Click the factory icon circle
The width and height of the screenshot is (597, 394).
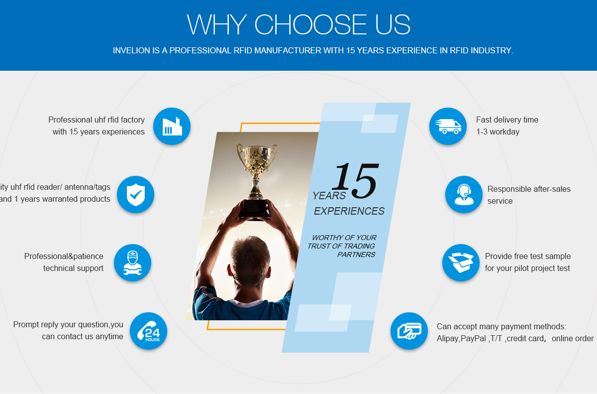click(x=172, y=126)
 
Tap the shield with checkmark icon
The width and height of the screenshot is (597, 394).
click(x=136, y=194)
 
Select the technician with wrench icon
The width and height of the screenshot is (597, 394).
click(x=132, y=263)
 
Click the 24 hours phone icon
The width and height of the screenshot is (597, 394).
click(x=148, y=331)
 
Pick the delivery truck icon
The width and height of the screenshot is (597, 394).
click(x=448, y=126)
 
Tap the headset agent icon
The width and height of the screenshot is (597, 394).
click(x=464, y=194)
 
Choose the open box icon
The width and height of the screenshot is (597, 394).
click(x=461, y=263)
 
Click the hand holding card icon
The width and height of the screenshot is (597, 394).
click(x=409, y=331)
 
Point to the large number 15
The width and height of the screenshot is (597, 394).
click(x=355, y=181)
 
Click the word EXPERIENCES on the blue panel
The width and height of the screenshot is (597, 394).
click(x=349, y=211)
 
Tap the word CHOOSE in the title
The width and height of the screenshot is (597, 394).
click(x=310, y=24)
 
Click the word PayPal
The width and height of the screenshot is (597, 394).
click(x=473, y=339)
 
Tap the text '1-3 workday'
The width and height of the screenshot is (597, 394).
click(x=498, y=132)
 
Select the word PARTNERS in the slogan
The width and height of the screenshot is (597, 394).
click(x=356, y=255)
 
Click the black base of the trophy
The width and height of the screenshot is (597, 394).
click(x=254, y=209)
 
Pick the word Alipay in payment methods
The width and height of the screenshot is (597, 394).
click(x=448, y=339)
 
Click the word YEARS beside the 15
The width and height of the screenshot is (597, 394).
click(x=329, y=196)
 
